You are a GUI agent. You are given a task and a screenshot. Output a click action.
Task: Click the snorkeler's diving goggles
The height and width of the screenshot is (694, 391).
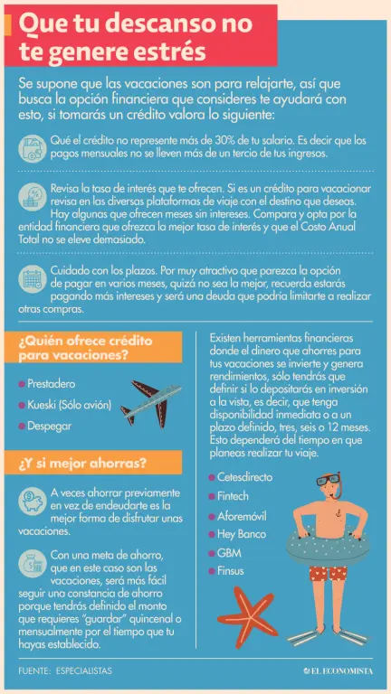tap(328, 480)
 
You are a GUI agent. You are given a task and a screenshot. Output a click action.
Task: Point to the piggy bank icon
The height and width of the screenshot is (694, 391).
tap(33, 501)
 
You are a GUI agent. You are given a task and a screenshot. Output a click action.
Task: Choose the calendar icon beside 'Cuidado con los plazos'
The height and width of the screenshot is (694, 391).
tap(33, 279)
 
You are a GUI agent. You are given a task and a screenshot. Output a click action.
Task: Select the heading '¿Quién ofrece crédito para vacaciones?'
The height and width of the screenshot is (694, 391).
tap(85, 348)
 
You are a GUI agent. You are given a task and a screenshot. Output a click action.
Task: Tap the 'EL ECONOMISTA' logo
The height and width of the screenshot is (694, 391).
tap(339, 671)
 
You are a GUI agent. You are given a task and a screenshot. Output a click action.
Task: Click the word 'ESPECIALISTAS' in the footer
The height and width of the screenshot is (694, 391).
tap(84, 671)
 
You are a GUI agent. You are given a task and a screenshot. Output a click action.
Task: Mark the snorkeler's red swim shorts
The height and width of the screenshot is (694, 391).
tap(329, 573)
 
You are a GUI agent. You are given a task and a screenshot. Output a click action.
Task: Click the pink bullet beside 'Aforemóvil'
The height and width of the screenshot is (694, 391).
tap(212, 516)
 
